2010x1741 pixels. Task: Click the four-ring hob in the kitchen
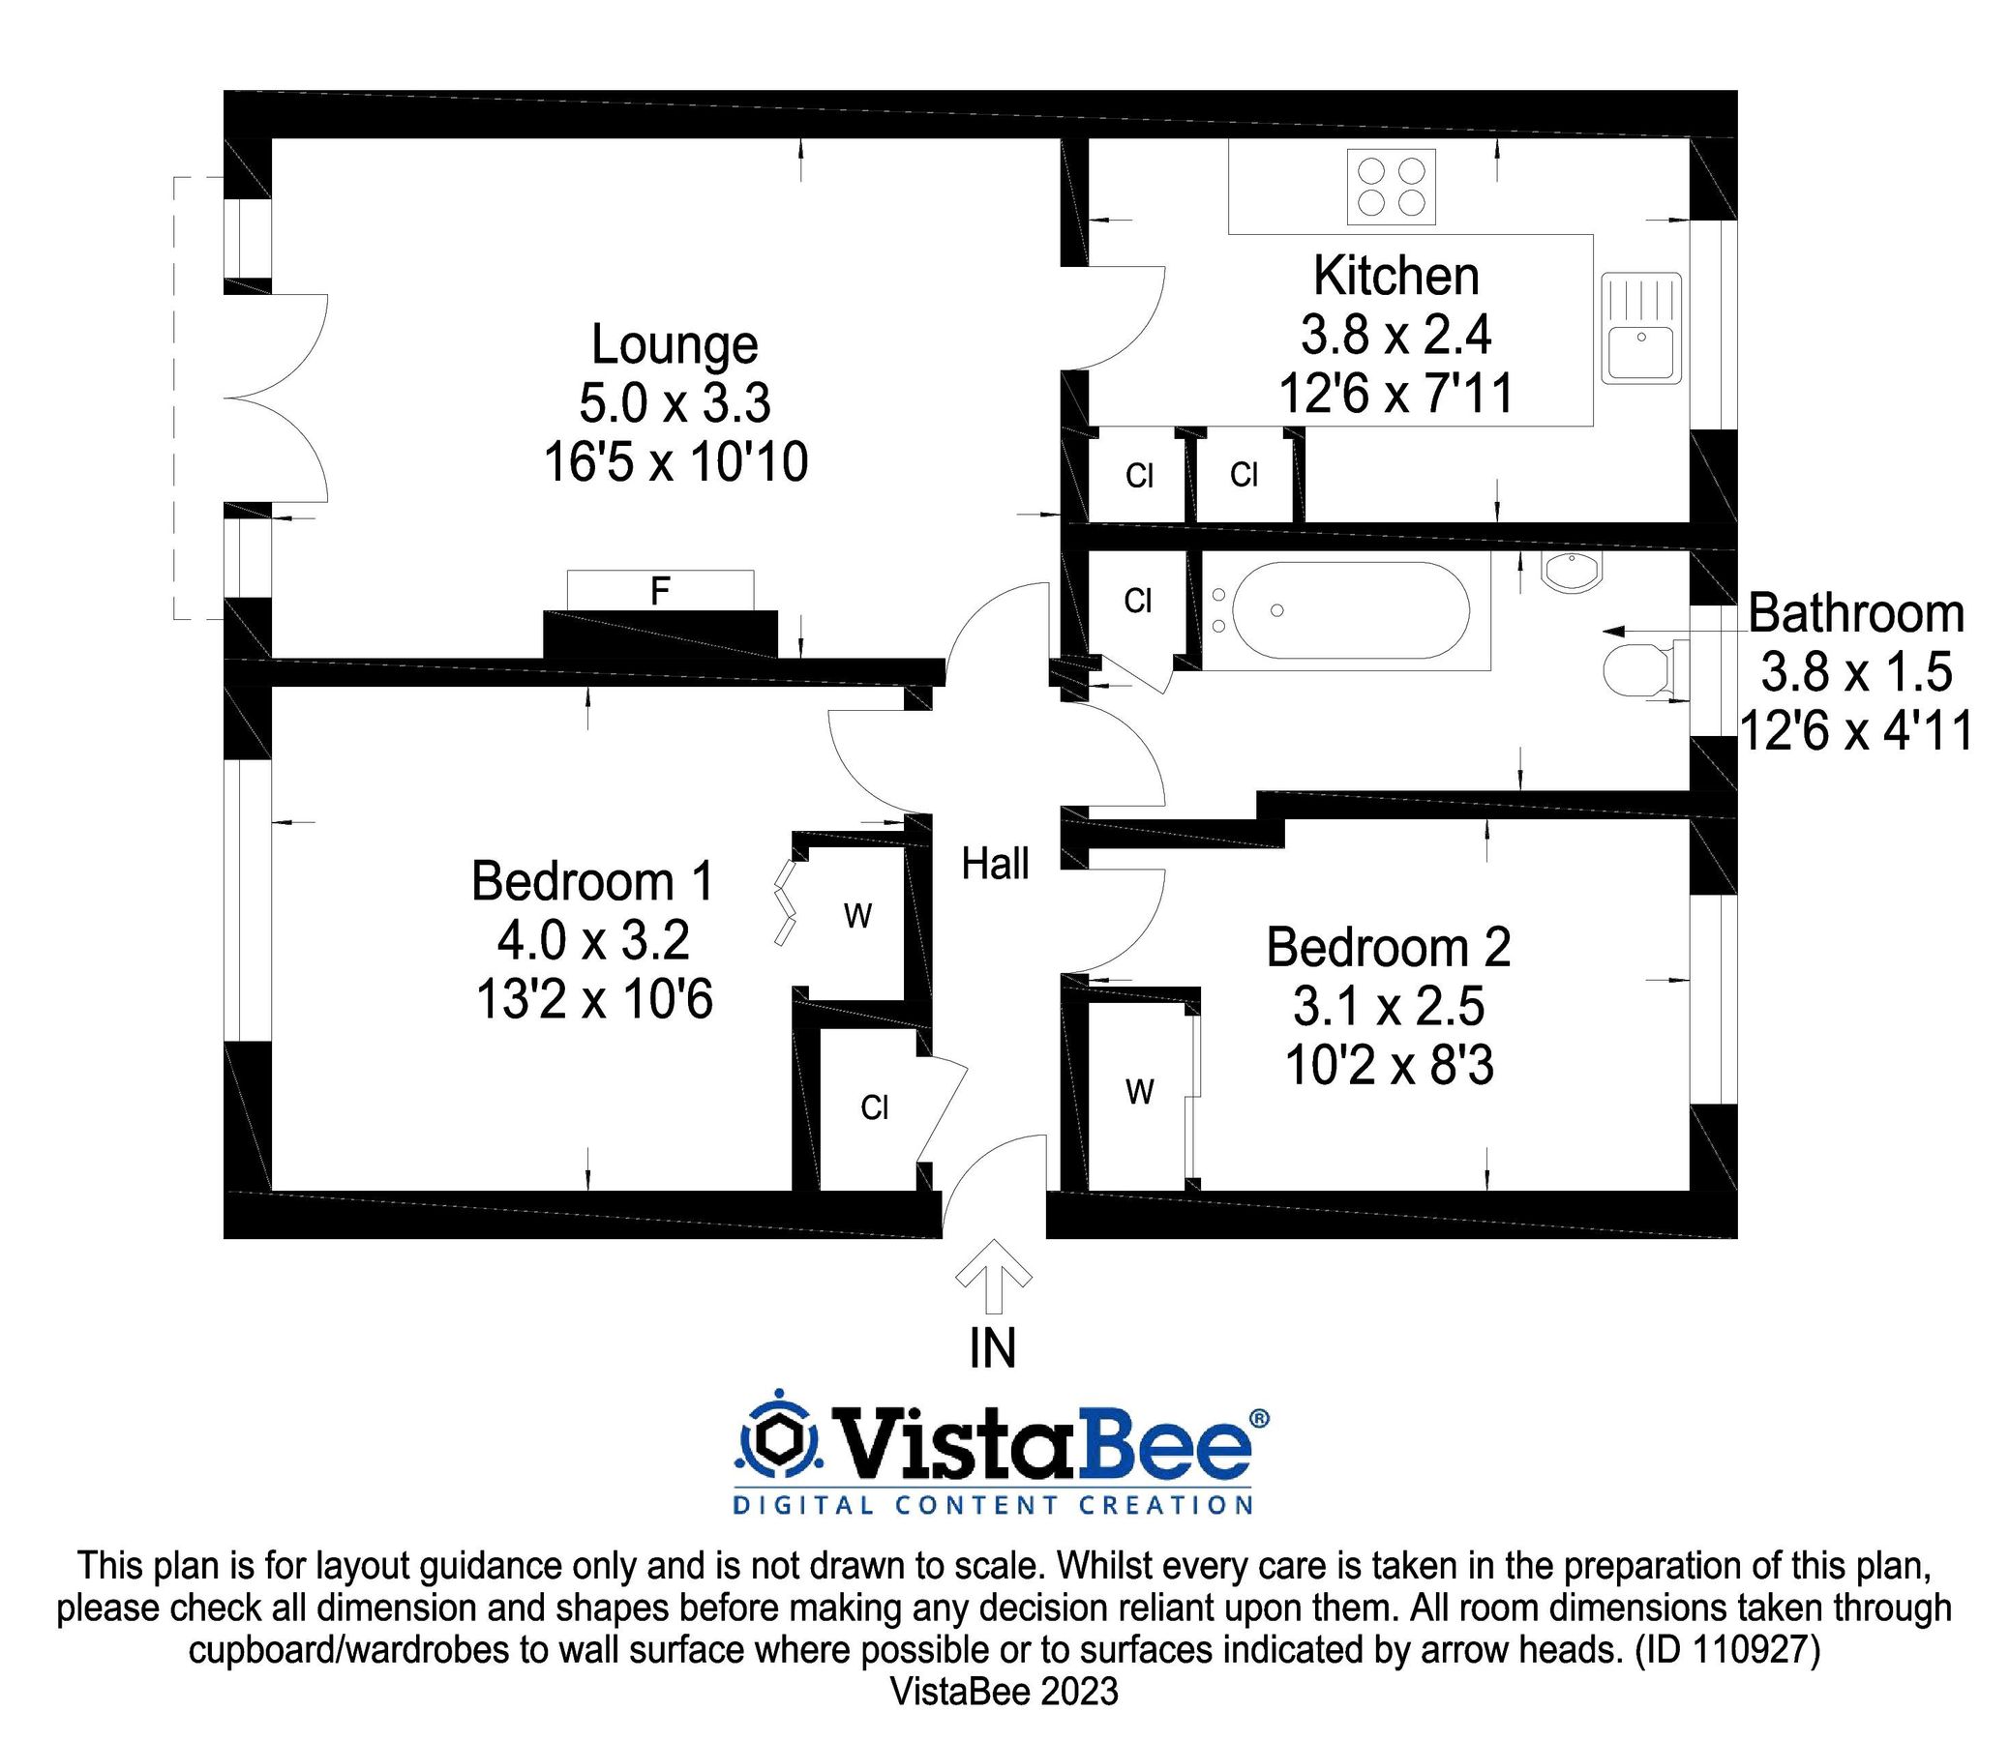[x=1391, y=188]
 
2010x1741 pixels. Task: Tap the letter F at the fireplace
[x=660, y=591]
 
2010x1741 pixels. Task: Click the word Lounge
[x=675, y=346]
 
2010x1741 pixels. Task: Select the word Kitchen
[x=1395, y=276]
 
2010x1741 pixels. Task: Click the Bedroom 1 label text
[x=593, y=881]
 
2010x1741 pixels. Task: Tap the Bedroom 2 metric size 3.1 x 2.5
[x=1388, y=1007]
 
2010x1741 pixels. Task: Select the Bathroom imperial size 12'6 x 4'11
[x=1855, y=730]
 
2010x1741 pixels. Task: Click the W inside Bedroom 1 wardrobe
[x=857, y=915]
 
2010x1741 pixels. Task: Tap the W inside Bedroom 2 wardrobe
[x=1139, y=1093]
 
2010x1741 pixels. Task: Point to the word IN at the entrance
[x=992, y=1347]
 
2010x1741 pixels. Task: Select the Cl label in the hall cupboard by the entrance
[x=875, y=1107]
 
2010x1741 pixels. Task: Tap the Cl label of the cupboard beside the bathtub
[x=1137, y=602]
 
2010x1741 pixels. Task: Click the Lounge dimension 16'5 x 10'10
[x=675, y=462]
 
